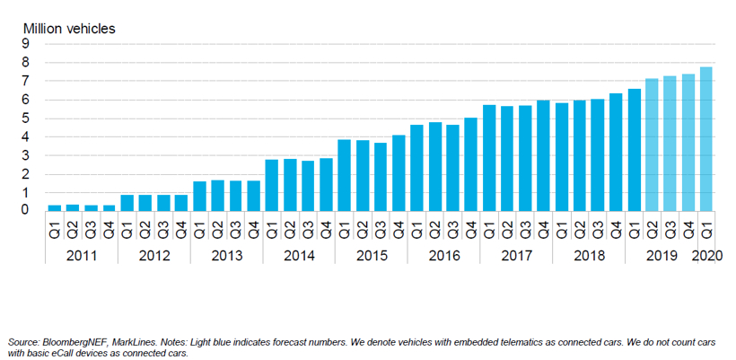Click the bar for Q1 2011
pyautogui.click(x=55, y=207)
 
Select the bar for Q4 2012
pyautogui.click(x=181, y=203)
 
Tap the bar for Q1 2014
pyautogui.click(x=271, y=185)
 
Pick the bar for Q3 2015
pyautogui.click(x=381, y=177)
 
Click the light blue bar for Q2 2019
pyautogui.click(x=652, y=145)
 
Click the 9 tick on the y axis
pyautogui.click(x=26, y=44)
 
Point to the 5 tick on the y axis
pyautogui.click(x=26, y=119)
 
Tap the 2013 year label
pyautogui.click(x=226, y=255)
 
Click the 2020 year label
pyautogui.click(x=706, y=255)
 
